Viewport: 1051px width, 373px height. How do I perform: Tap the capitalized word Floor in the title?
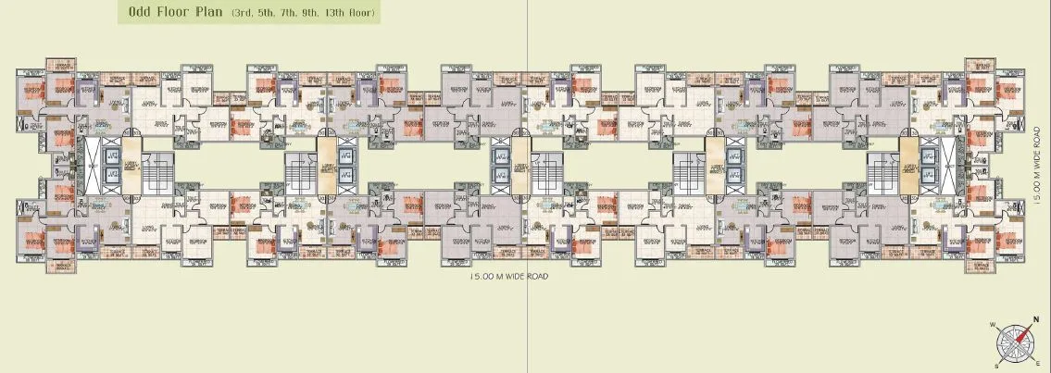(170, 14)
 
